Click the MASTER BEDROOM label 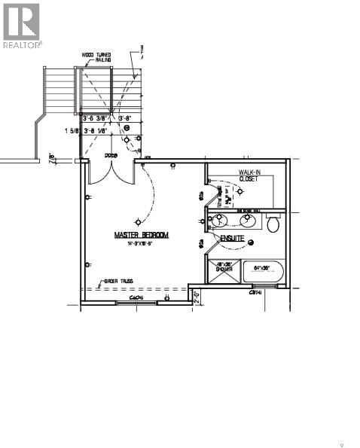(142, 235)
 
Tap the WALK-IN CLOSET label (250, 176)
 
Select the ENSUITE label (232, 238)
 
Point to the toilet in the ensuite (273, 224)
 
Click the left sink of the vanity (221, 221)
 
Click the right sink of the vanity (249, 221)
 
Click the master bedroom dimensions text (141, 243)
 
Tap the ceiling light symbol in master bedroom (137, 221)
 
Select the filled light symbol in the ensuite (252, 242)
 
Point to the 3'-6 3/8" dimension (96, 118)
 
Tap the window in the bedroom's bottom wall (136, 303)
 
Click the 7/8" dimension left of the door (52, 159)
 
